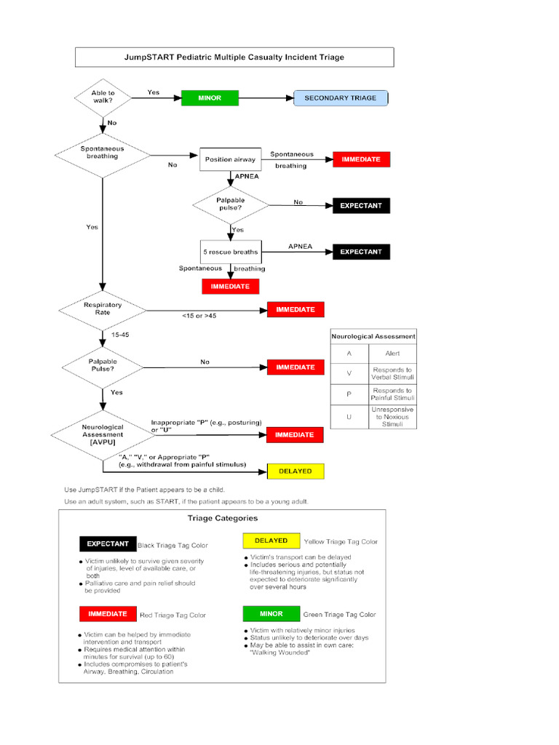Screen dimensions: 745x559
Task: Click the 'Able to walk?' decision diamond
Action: click(x=102, y=97)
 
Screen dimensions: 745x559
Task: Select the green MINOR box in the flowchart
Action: click(x=210, y=97)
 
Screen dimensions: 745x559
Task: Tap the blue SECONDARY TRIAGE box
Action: click(x=340, y=97)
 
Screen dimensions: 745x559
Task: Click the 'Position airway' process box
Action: click(x=229, y=159)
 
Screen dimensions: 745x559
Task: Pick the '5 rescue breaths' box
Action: click(x=230, y=252)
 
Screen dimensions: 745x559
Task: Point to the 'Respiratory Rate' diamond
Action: click(x=103, y=309)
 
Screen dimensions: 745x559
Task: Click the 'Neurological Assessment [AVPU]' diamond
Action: click(x=103, y=434)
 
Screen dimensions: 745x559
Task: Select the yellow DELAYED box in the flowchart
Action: click(x=295, y=471)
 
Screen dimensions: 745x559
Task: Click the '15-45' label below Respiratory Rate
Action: click(x=120, y=335)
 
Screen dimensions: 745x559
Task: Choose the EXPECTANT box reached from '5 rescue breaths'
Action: click(x=361, y=252)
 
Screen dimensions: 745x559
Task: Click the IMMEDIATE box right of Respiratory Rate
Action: click(x=295, y=310)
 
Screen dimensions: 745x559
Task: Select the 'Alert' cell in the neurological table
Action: click(x=392, y=354)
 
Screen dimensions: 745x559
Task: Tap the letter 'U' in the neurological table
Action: click(x=349, y=417)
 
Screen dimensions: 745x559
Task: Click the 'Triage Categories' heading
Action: click(x=222, y=519)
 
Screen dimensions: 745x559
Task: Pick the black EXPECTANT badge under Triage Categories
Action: click(x=108, y=543)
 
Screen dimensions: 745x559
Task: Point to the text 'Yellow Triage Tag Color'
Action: click(x=341, y=542)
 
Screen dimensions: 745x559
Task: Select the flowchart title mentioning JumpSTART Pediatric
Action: click(x=234, y=57)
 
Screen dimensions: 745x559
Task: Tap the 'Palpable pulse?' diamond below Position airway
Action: click(x=231, y=204)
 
